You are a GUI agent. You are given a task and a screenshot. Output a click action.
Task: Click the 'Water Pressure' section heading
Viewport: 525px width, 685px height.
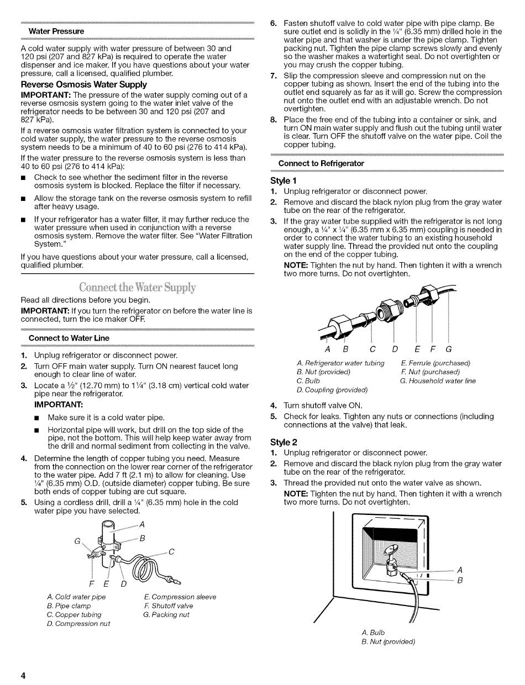pyautogui.click(x=56, y=31)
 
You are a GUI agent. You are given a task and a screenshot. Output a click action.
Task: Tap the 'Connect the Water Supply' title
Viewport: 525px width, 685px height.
pyautogui.click(x=137, y=288)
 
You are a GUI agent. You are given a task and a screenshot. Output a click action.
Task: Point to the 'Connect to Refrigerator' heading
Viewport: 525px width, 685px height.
pyautogui.click(x=321, y=163)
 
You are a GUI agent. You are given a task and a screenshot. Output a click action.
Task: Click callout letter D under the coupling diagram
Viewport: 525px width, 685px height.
pyautogui.click(x=395, y=348)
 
